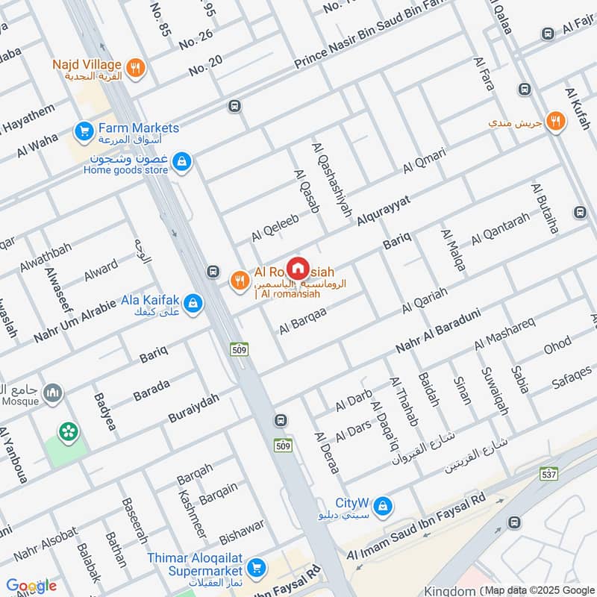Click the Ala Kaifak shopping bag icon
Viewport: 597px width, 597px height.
(193, 303)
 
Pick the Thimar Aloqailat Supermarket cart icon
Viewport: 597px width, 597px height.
(256, 569)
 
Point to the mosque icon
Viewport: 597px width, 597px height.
(52, 393)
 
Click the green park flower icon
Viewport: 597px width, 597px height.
(69, 431)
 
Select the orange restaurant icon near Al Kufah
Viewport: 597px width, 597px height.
(554, 121)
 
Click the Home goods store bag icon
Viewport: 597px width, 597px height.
(181, 160)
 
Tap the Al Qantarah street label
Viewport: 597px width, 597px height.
(499, 229)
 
